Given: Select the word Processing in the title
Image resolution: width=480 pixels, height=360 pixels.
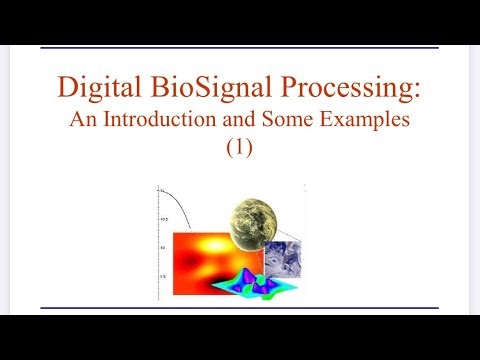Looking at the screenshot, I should tap(347, 91).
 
